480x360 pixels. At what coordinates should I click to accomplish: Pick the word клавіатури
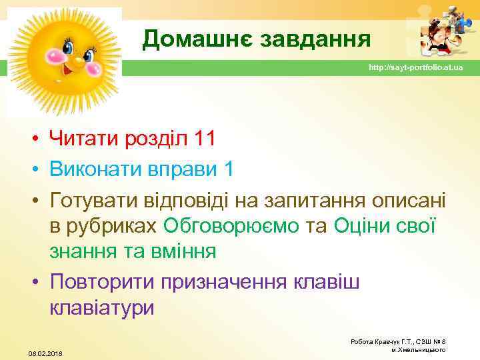coord(101,307)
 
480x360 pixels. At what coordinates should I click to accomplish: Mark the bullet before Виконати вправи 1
coord(33,169)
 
